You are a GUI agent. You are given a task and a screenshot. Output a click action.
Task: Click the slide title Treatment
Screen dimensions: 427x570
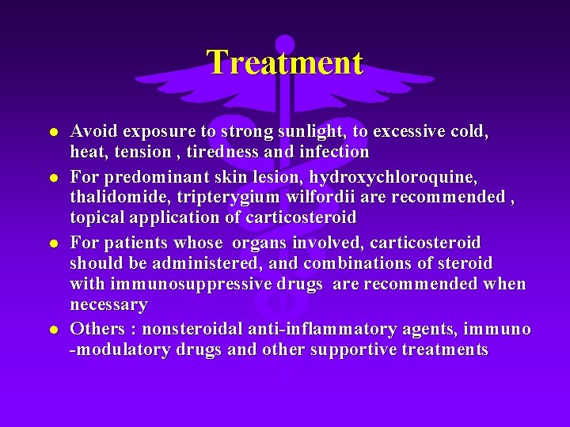[x=285, y=62]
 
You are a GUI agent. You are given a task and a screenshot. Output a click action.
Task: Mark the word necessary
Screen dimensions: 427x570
[x=109, y=304]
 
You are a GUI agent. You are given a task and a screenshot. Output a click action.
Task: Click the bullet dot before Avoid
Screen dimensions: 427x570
[x=52, y=131]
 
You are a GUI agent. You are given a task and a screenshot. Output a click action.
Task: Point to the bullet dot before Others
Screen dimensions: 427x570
[x=52, y=329]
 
